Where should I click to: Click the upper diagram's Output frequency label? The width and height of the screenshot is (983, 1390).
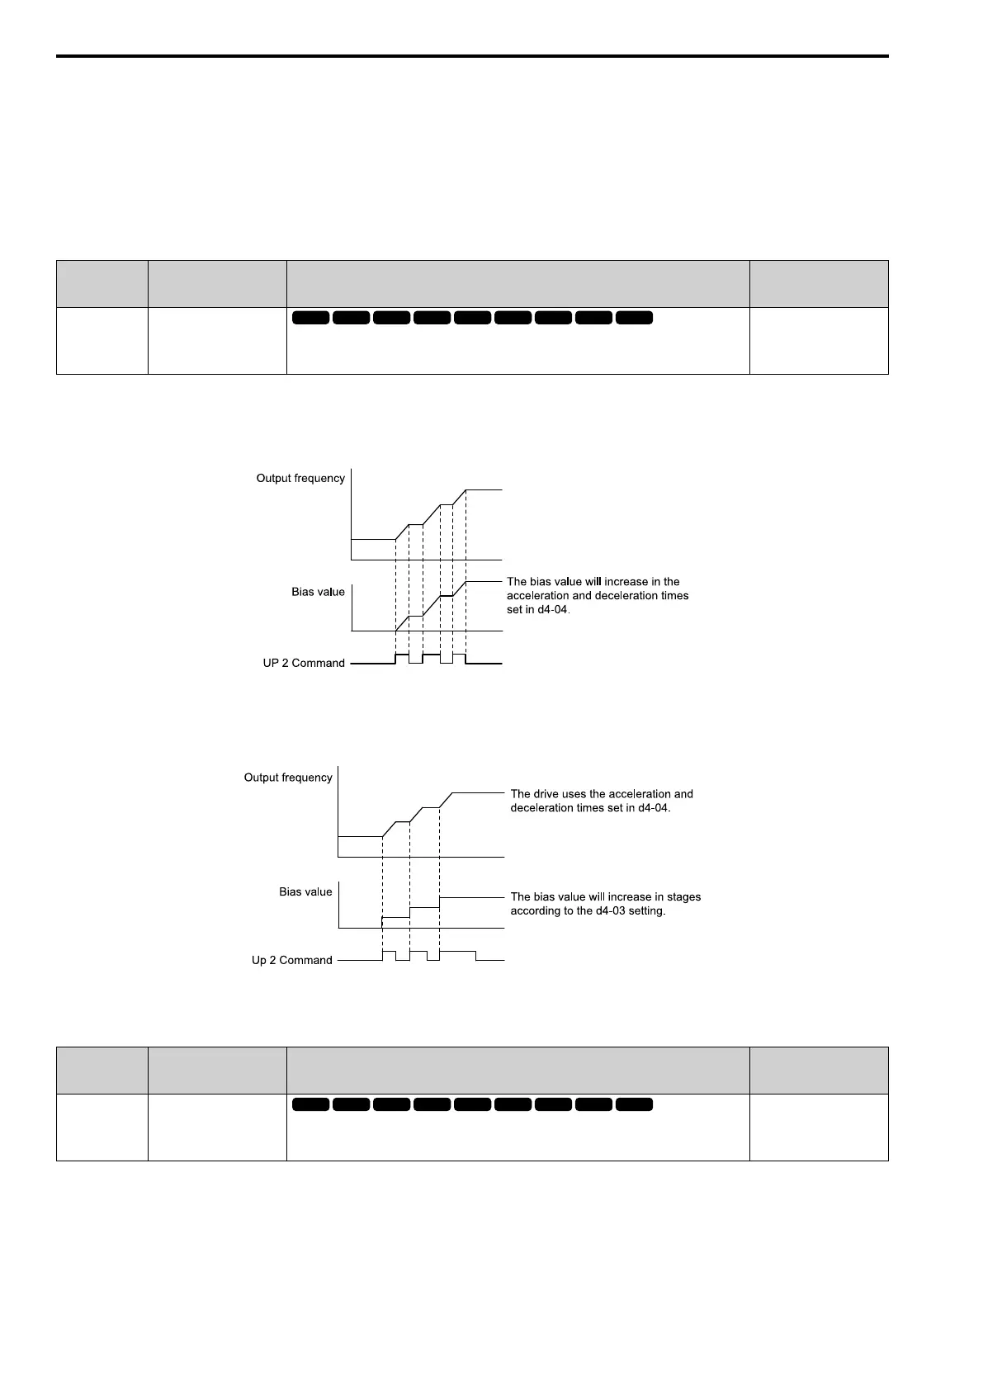click(x=300, y=479)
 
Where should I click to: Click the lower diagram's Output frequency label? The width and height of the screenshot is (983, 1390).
click(x=288, y=778)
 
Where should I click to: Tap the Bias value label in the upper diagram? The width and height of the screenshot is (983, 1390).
click(x=318, y=593)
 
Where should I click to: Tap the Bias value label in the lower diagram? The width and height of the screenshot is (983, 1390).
click(x=305, y=892)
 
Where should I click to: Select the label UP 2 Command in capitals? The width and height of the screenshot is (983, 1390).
click(x=304, y=664)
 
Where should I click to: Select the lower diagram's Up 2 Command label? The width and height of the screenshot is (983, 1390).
click(x=292, y=961)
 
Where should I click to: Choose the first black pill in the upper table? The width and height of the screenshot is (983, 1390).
click(x=310, y=318)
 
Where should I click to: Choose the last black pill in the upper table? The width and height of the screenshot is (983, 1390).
click(x=634, y=318)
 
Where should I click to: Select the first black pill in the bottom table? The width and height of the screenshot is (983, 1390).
click(x=310, y=1104)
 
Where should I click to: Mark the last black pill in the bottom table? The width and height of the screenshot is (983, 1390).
click(x=634, y=1104)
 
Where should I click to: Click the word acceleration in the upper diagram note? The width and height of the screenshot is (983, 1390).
click(x=537, y=596)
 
